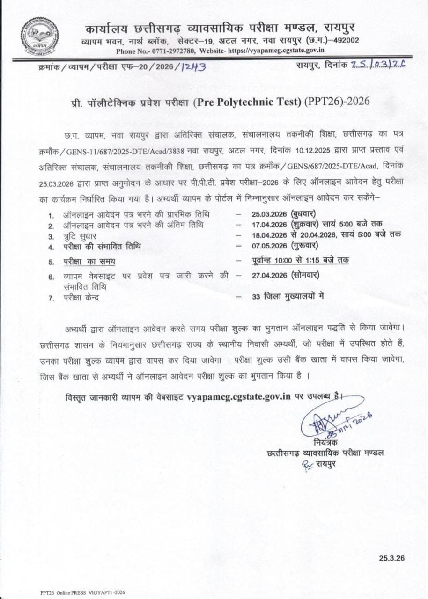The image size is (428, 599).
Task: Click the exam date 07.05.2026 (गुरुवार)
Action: [x=285, y=245]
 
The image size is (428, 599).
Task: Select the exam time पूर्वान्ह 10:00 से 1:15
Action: [x=292, y=260]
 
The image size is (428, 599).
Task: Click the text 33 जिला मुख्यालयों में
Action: [x=288, y=296]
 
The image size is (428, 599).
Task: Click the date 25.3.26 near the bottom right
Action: [x=392, y=558]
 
